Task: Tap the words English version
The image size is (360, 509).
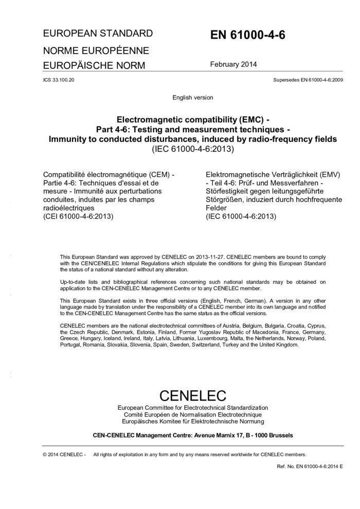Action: coord(193,97)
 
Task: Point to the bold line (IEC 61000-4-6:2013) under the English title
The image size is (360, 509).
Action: coord(193,150)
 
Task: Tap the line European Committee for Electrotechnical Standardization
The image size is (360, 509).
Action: coord(193,408)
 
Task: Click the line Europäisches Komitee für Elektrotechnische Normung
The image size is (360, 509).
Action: coord(193,422)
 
